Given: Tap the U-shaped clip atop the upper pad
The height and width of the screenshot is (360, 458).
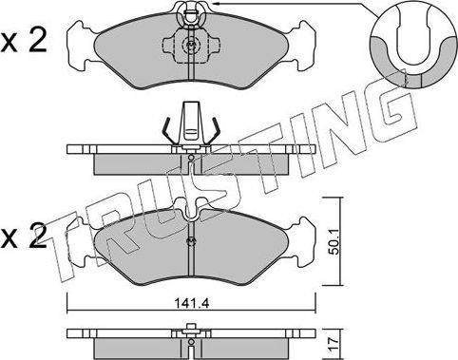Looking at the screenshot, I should coord(191,13).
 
